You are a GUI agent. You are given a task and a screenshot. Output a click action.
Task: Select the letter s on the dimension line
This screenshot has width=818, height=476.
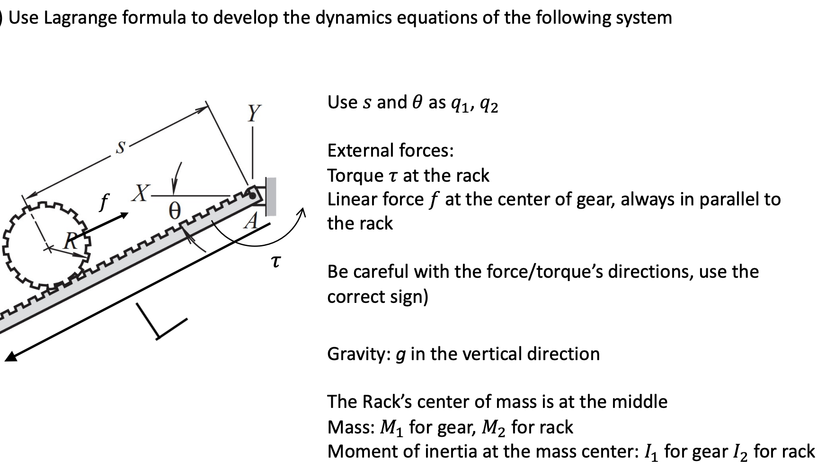tap(121, 148)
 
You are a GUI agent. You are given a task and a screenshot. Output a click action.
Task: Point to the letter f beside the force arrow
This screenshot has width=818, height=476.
tap(103, 203)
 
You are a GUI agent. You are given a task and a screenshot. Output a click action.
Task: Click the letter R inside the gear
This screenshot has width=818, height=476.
tap(70, 242)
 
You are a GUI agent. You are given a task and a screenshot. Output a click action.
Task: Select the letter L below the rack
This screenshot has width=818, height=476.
tap(160, 322)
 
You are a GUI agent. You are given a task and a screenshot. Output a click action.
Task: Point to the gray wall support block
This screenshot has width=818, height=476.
tap(271, 196)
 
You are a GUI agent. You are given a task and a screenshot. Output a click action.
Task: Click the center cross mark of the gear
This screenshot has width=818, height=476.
tap(47, 247)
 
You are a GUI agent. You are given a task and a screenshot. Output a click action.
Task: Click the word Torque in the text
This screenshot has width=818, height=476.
tap(355, 176)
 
